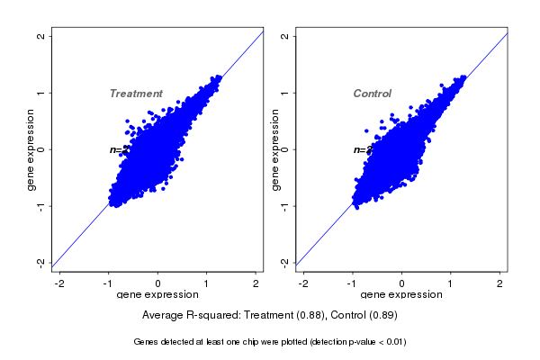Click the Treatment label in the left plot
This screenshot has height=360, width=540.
(x=136, y=94)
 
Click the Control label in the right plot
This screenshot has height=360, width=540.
(x=372, y=94)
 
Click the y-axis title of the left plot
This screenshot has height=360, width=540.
(x=31, y=149)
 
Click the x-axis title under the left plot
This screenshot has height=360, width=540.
(x=158, y=295)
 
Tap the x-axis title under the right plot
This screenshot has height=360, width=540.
(x=402, y=295)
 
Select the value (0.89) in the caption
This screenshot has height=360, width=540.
(x=381, y=316)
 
